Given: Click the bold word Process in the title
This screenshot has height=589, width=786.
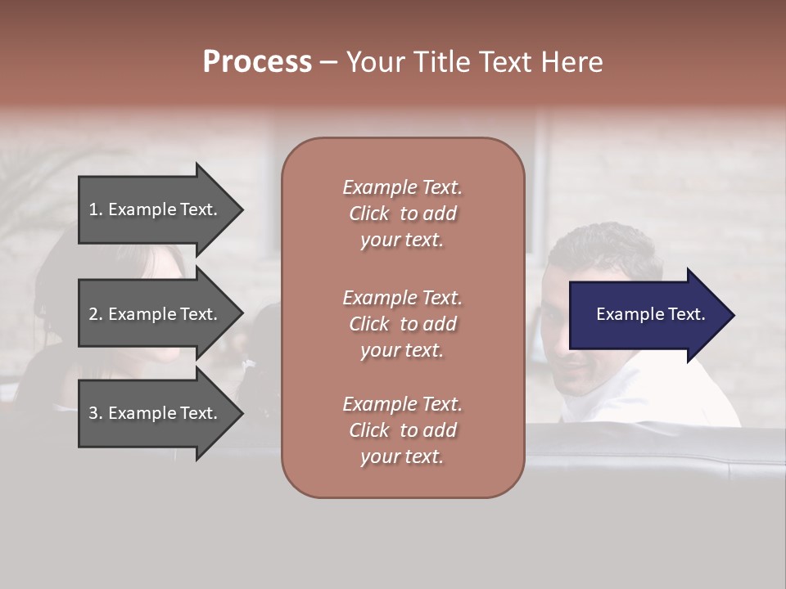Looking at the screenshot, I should pos(257,62).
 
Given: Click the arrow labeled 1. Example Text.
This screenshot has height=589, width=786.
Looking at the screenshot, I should pos(156,209).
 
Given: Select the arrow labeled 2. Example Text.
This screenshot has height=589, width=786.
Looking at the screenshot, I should pos(156,314).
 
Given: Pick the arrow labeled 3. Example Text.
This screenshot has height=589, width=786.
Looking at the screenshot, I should pos(156,413).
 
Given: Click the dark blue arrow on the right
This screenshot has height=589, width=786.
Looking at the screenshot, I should pos(647,315).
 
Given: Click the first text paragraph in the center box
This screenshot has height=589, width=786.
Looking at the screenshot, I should pos(402,214).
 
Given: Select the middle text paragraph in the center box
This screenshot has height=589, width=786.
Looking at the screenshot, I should pos(402,324).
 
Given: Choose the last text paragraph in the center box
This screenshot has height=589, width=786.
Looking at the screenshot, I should pos(402,430).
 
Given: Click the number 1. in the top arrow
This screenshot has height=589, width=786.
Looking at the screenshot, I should pos(96,209).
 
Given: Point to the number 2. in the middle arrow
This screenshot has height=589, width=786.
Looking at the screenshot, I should pos(96,314).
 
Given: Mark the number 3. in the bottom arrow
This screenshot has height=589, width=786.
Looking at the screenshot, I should pos(96,413).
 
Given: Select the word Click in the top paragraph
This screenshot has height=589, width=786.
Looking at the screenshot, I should pos(369,214).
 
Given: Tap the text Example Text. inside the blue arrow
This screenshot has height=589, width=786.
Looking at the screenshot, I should pos(650,314).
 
